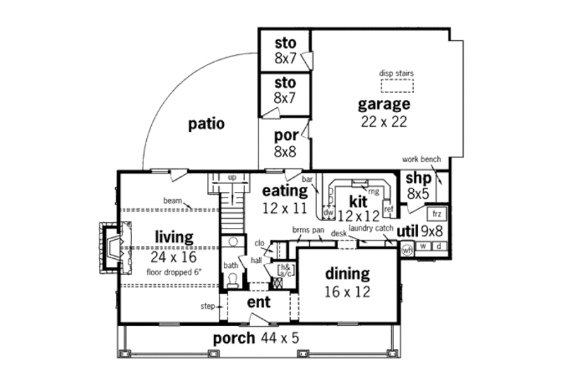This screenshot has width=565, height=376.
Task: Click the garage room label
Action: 383,105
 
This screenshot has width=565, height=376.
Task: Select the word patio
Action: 206,124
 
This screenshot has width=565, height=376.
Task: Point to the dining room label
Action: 347,273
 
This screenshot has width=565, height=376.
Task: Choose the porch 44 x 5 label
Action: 256,339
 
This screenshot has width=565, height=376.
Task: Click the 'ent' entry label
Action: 258,301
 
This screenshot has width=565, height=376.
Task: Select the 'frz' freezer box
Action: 437,213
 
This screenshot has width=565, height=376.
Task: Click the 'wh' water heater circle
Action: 407,249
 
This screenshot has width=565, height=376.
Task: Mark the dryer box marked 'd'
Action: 439,246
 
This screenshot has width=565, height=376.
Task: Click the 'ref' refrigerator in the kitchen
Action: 388,210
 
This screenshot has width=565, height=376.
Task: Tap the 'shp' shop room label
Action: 414,178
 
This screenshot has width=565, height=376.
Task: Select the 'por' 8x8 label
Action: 285,144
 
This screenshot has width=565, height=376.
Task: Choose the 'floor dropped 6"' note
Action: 172,271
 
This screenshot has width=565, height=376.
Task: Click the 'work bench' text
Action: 421,159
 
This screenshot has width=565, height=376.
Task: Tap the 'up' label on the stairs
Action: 231,177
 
